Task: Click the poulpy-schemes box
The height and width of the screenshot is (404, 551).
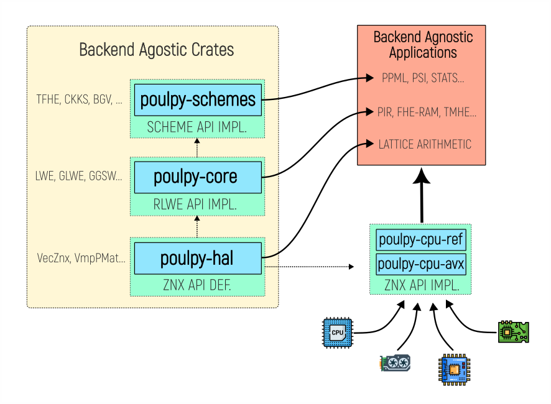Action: coord(198,99)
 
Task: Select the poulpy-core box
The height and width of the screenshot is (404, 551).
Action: coord(198,177)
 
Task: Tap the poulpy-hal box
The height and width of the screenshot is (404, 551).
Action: coord(198,257)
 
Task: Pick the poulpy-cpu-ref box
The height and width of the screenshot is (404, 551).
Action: coord(421,239)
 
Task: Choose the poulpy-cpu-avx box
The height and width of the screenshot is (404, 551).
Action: coord(421,264)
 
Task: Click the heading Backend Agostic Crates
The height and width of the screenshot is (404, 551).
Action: coord(157,50)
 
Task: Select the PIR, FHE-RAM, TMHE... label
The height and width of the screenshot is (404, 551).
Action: coord(427,112)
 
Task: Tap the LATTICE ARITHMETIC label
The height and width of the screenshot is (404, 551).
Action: coord(425,144)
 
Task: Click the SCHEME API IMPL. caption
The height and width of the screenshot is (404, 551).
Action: coord(197,127)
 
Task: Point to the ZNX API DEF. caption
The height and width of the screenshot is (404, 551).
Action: coord(197,286)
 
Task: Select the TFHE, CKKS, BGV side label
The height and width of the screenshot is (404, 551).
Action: coord(79,99)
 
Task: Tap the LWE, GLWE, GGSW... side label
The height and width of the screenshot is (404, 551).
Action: coord(79,177)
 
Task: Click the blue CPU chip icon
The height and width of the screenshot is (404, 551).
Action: coord(337,333)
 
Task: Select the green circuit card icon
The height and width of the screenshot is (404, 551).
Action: coord(514,332)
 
